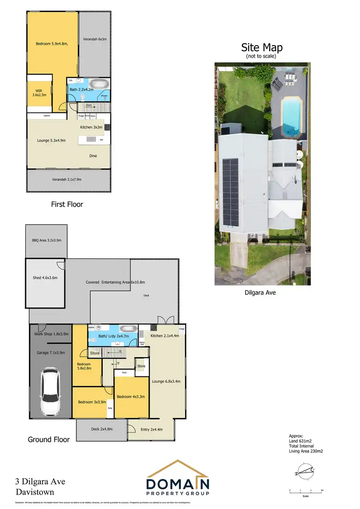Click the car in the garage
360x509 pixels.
tap(50, 392)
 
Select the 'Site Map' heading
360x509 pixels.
tap(262, 48)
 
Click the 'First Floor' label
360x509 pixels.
tap(67, 204)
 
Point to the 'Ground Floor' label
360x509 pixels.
tap(48, 439)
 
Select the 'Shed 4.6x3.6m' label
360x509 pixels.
tap(45, 278)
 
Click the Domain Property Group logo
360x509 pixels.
tap(178, 478)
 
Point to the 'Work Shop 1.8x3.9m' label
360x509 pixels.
tap(51, 334)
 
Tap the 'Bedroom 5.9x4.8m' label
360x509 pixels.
tap(52, 44)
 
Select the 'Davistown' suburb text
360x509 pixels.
tap(35, 492)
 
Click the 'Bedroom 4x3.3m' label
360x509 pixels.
tap(131, 397)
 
